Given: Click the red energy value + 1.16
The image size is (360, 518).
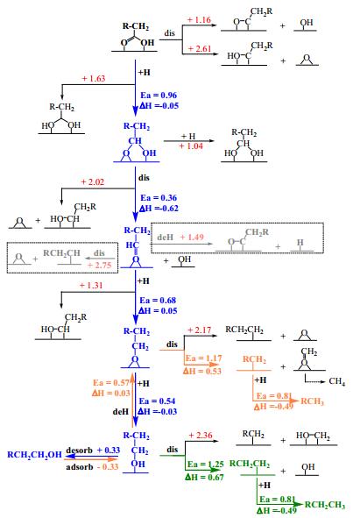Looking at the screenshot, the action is click(x=199, y=20).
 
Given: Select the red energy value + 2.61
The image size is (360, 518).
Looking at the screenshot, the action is click(x=200, y=48).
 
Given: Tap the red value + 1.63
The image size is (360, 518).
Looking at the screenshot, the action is click(x=94, y=79).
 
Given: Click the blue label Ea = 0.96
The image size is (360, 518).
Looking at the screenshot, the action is click(x=159, y=96).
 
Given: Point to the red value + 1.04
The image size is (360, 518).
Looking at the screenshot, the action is click(x=191, y=146).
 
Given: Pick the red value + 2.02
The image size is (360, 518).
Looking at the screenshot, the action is click(x=93, y=182).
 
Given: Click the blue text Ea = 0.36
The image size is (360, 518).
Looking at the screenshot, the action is click(x=159, y=198).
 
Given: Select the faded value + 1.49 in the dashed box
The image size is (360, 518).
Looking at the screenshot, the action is click(x=192, y=237).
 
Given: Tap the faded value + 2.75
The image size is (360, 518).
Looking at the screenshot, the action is click(x=99, y=265).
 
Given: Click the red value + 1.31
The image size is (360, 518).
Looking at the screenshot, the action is click(x=91, y=285).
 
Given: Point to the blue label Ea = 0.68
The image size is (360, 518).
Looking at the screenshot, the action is click(x=158, y=301).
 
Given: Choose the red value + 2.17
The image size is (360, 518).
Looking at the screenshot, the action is click(x=199, y=330).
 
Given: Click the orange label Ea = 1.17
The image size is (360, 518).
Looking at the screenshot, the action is click(x=203, y=358).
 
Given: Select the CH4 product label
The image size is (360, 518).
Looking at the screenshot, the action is click(x=337, y=381).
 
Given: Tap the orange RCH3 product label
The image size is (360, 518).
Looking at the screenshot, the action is click(x=312, y=401).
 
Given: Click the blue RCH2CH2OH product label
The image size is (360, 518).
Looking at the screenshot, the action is click(x=35, y=455).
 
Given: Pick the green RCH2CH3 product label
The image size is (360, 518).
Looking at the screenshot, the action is click(x=325, y=505).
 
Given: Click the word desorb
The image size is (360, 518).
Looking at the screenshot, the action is click(x=79, y=451).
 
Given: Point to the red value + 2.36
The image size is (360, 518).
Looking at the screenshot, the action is click(x=201, y=435).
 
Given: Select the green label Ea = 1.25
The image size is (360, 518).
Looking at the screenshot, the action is click(x=206, y=465).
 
